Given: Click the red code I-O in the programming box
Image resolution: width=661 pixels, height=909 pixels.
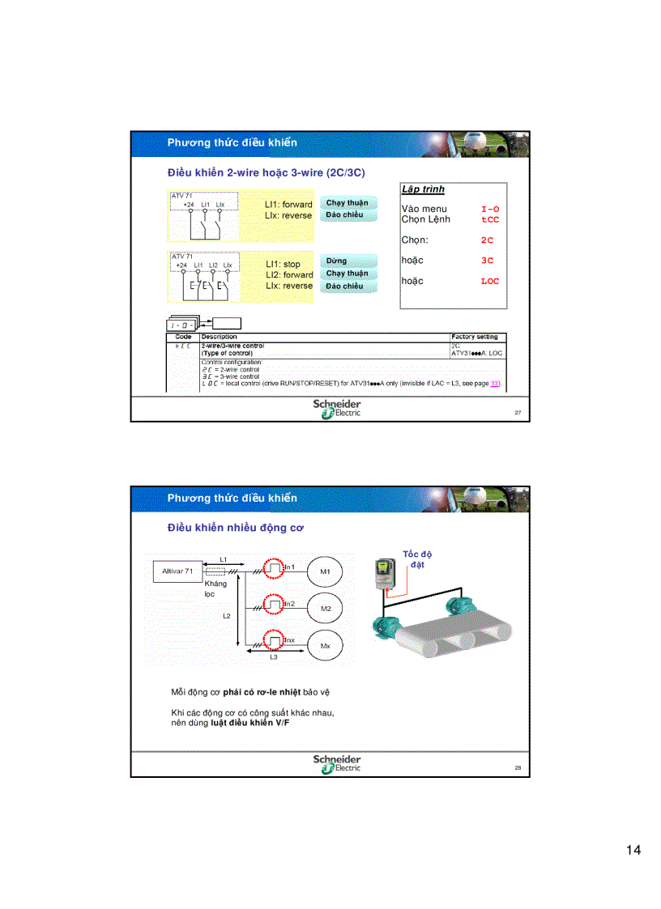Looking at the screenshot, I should coord(490,209).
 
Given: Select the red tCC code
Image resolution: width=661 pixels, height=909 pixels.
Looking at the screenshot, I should coord(490,219).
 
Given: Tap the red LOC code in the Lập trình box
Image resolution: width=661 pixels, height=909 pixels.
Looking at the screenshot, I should coord(490,282).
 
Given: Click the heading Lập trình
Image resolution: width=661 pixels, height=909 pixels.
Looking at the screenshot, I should coord(423,189).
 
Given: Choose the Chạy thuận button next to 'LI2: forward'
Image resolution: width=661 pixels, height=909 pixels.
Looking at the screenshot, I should coord(347,274).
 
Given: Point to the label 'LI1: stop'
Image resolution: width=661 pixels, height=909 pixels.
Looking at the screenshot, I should coord(283,264).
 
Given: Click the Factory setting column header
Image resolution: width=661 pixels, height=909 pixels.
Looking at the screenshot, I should coord(475,337).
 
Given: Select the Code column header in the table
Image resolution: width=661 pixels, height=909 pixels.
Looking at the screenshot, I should coord(183,337).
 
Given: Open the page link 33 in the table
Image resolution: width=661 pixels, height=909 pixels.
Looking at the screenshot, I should coord(495,384).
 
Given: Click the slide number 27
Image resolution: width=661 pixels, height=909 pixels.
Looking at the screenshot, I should coord(518,412).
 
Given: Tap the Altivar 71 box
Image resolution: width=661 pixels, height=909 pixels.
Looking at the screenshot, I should coord(177,571).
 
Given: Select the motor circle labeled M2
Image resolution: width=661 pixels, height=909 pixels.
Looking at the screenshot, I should coord(326,608).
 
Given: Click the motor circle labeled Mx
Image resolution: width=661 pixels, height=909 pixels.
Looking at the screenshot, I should coord(326,646).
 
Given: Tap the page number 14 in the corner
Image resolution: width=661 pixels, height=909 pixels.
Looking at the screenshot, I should coord(633,850).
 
